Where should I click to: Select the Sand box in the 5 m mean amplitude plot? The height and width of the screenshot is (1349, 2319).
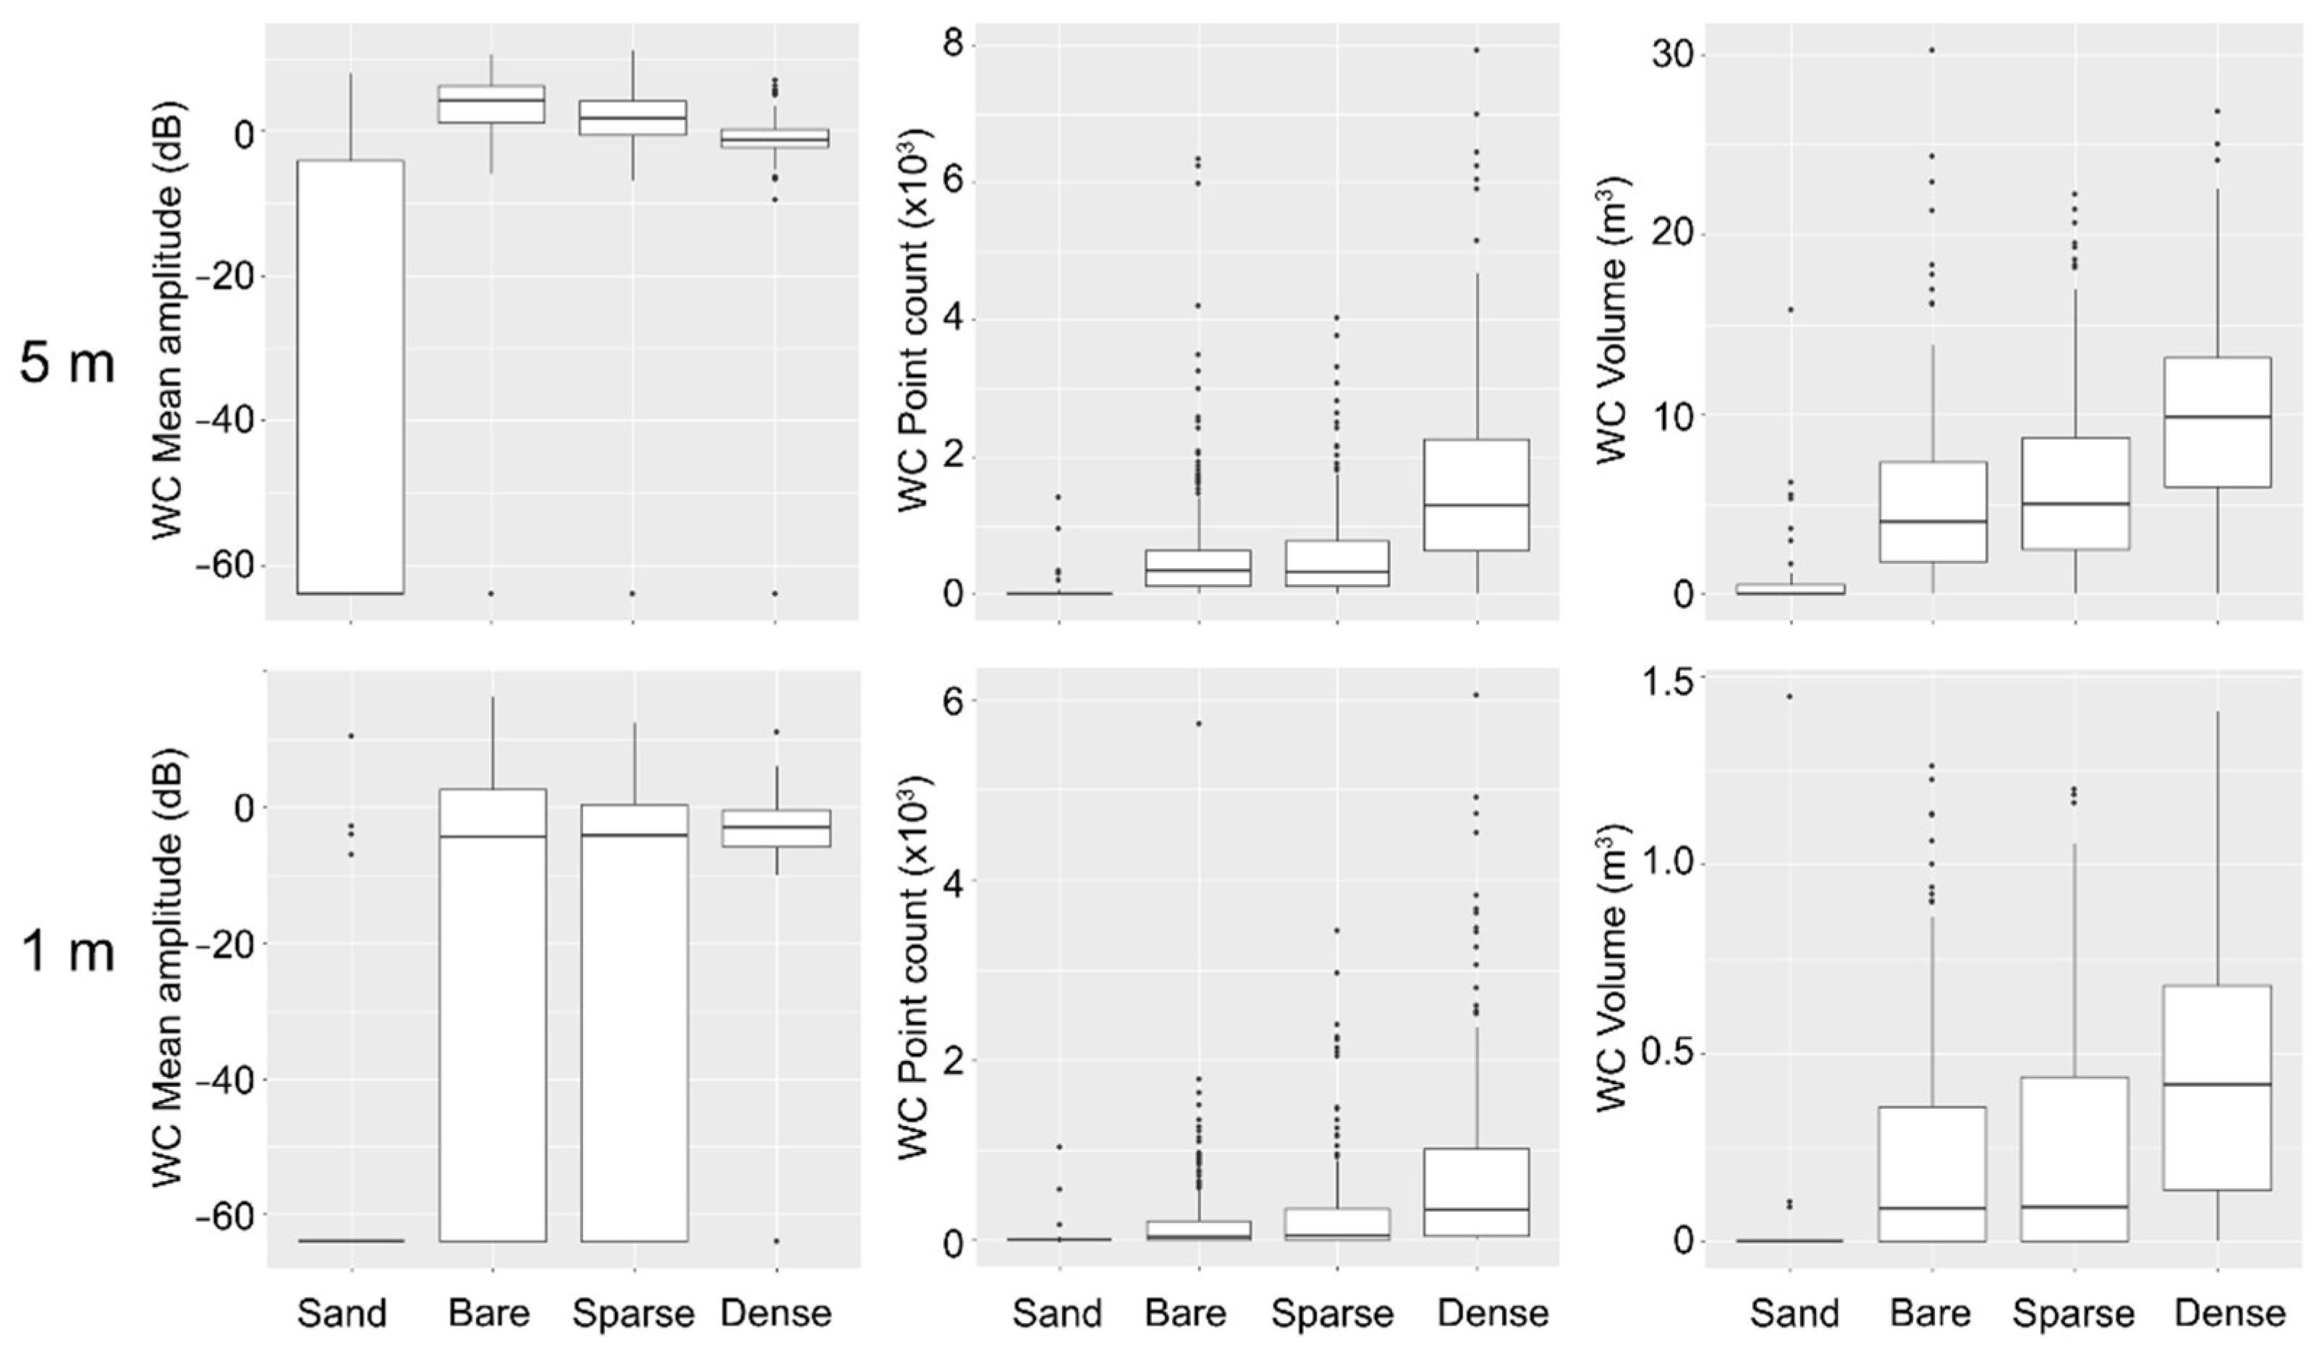(x=351, y=377)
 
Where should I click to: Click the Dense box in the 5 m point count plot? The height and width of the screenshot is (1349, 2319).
(x=1476, y=495)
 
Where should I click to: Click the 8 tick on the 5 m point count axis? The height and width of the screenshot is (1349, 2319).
(x=957, y=46)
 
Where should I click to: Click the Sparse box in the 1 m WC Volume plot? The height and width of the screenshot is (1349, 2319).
(x=2074, y=1159)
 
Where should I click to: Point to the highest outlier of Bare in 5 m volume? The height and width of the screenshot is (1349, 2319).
(x=1933, y=50)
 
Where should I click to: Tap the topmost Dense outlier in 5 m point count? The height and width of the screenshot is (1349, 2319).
(x=1476, y=50)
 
